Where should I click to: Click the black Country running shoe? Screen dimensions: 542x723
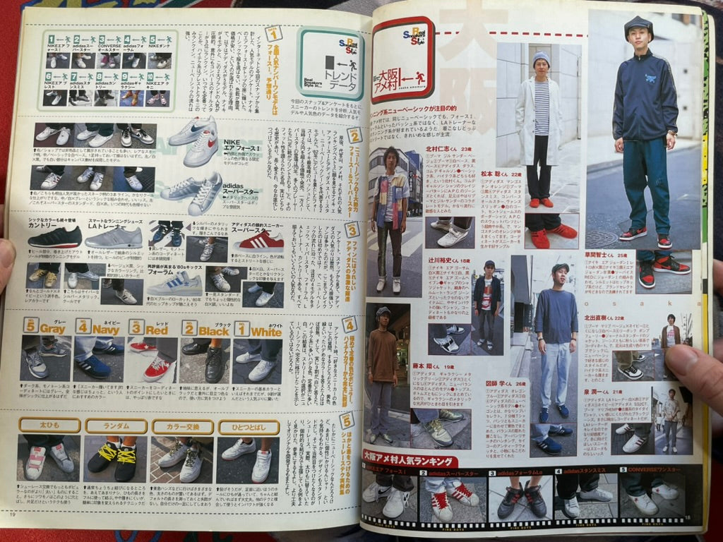[x=55, y=238]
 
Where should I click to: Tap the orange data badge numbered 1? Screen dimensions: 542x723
[x=273, y=33]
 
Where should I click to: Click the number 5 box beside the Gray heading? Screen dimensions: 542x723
[x=30, y=325]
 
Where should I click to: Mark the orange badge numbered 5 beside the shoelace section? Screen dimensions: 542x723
[x=346, y=421]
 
